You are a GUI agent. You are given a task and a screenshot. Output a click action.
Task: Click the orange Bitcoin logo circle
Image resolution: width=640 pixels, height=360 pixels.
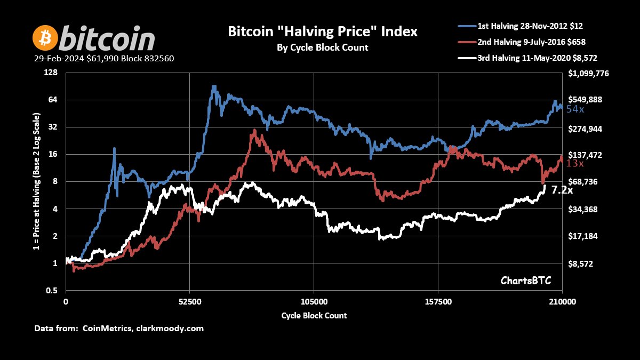pyautogui.click(x=45, y=38)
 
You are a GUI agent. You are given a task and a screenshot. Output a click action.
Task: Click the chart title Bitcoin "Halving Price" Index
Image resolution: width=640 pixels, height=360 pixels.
pyautogui.click(x=323, y=31)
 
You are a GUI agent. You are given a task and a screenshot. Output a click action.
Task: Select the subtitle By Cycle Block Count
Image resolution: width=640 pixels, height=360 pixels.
pyautogui.click(x=323, y=47)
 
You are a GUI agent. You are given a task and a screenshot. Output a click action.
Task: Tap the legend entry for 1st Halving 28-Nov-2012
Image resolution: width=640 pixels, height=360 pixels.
pyautogui.click(x=539, y=26)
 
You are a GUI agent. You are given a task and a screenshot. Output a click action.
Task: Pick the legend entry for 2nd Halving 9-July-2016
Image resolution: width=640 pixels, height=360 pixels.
pyautogui.click(x=538, y=42)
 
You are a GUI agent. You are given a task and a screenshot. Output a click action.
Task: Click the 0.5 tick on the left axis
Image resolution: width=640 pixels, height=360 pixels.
pyautogui.click(x=51, y=291)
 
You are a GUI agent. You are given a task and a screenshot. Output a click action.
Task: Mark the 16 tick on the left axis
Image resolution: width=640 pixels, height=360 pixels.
pyautogui.click(x=52, y=154)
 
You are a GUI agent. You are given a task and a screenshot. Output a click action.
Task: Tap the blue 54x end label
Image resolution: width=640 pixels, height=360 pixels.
pyautogui.click(x=575, y=109)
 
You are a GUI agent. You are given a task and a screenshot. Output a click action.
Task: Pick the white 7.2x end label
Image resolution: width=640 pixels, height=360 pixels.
pyautogui.click(x=562, y=190)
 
